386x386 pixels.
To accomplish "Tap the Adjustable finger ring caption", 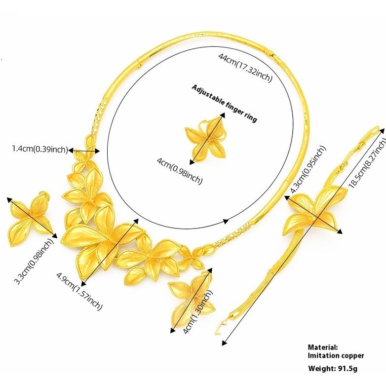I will pyautogui.click(x=224, y=103).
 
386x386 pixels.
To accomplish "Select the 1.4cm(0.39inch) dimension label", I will pyautogui.click(x=39, y=149).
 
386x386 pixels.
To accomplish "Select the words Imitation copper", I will pyautogui.click(x=336, y=355).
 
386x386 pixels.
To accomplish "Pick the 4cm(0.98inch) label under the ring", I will pyautogui.click(x=179, y=170).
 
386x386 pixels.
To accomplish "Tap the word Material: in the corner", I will pyautogui.click(x=323, y=347).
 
